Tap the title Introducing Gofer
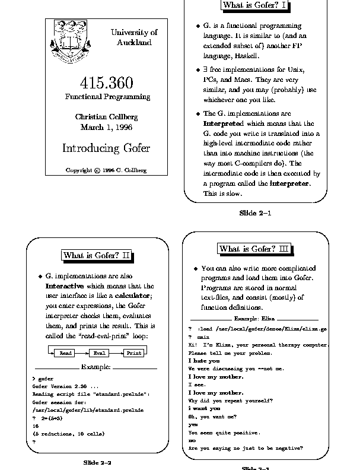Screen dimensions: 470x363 click(x=106, y=148)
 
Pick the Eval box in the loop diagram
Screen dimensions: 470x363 click(x=99, y=353)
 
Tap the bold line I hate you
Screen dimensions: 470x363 click(x=204, y=361)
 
